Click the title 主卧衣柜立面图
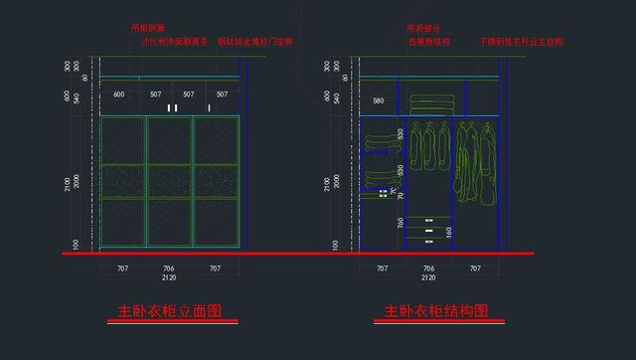point(170,311)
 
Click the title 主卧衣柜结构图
point(436,311)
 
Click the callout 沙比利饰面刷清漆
point(175,43)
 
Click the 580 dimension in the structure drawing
point(378,101)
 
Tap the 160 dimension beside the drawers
point(449,232)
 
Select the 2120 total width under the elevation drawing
point(169,279)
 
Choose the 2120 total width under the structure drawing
point(428,279)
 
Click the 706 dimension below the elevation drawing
point(169,269)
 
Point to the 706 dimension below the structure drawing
point(428,269)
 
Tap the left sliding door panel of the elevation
point(123,182)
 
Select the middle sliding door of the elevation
point(170,182)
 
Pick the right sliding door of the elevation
point(217,182)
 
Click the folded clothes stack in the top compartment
point(429,102)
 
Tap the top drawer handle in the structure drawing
point(429,219)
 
